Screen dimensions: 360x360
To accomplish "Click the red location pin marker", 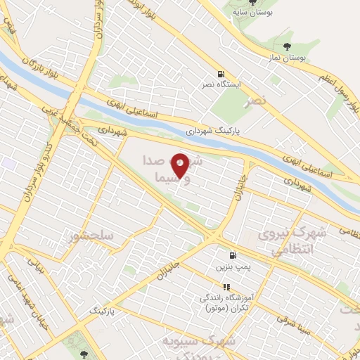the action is click(181, 165).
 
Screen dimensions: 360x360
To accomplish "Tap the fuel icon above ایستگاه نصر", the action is click(222, 74).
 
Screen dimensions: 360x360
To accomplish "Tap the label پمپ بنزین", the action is click(231, 268).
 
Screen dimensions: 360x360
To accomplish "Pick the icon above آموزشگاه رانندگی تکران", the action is click(226, 287).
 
